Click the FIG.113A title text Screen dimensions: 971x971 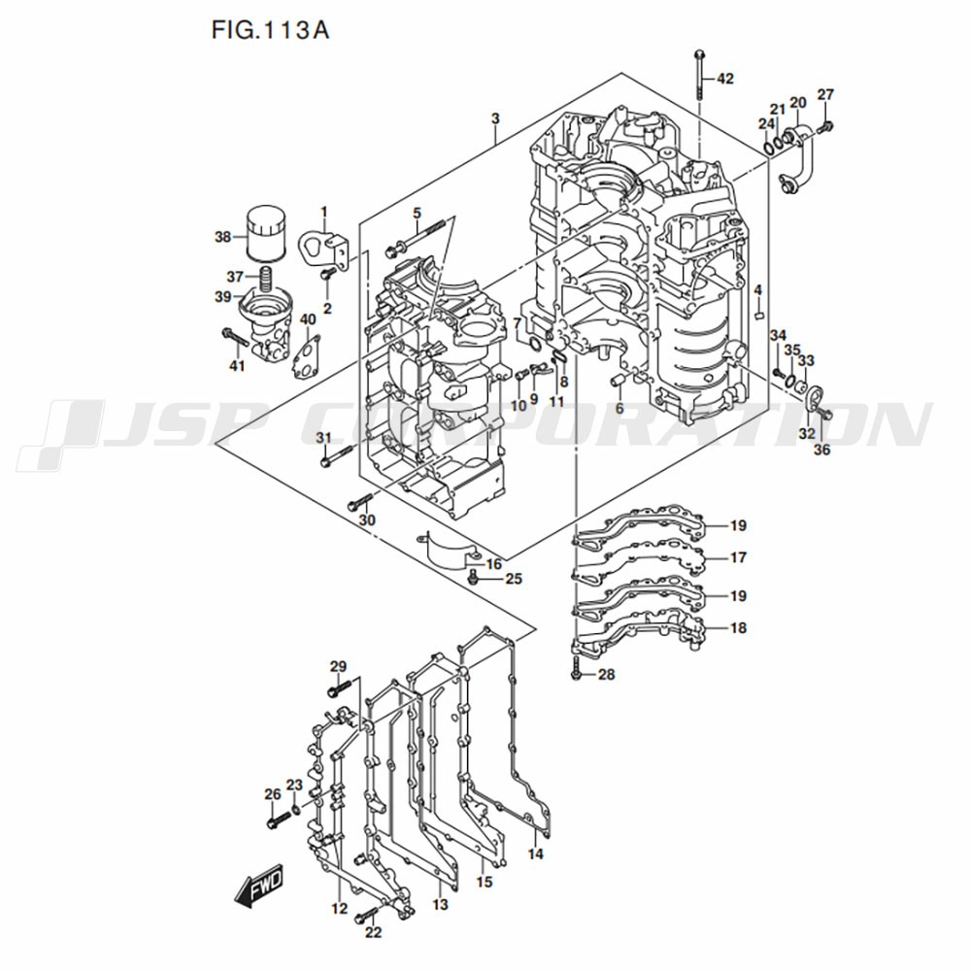point(270,30)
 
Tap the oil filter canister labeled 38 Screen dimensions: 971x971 point(264,233)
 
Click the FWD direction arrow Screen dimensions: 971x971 point(257,887)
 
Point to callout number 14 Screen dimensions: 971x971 point(536,854)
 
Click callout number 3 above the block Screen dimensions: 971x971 point(495,118)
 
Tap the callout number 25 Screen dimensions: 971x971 point(513,579)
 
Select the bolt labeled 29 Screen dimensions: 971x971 point(336,691)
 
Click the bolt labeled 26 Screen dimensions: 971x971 point(273,820)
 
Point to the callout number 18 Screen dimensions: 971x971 point(738,628)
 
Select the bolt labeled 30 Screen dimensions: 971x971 point(359,502)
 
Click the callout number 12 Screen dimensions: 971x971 point(338,909)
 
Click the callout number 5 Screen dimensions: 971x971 point(416,214)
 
